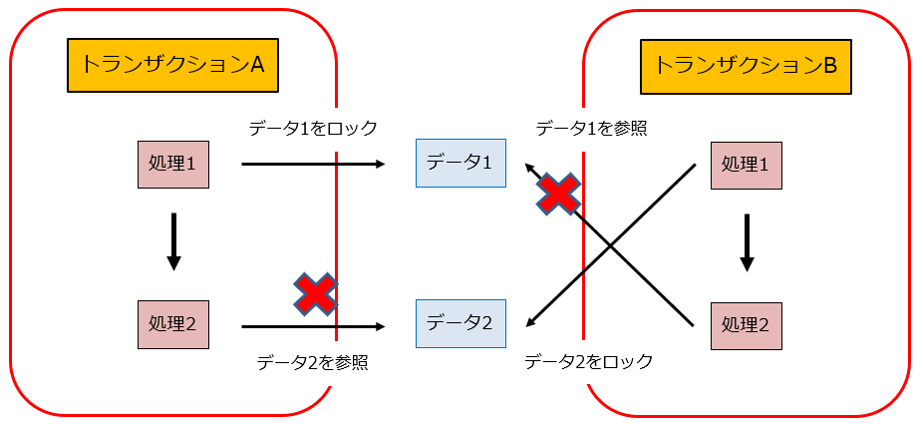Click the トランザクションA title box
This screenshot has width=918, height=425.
(172, 66)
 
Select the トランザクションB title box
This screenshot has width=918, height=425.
(747, 67)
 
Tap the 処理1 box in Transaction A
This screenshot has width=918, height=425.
(173, 165)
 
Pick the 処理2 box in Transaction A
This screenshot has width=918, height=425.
(173, 324)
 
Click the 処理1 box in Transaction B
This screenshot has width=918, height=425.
(747, 165)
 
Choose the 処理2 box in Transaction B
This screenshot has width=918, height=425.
(747, 324)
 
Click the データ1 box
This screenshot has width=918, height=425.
(459, 164)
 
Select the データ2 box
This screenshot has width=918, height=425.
(459, 324)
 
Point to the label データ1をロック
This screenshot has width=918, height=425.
(313, 128)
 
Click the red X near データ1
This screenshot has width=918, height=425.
(559, 194)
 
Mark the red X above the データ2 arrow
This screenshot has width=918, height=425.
(316, 294)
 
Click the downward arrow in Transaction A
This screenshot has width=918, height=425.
(173, 241)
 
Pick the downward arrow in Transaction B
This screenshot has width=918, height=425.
(747, 241)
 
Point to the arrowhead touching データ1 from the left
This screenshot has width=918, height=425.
(381, 164)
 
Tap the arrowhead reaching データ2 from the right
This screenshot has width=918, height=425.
(530, 321)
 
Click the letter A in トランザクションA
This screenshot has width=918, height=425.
(256, 66)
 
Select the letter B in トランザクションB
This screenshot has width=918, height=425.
(829, 67)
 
